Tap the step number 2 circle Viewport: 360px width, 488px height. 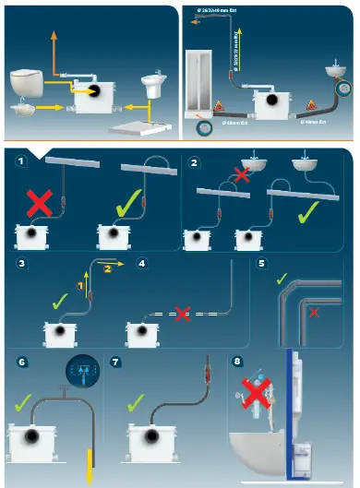(193, 163)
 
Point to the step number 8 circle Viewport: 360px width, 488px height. (238, 363)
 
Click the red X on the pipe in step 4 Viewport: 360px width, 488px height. (183, 314)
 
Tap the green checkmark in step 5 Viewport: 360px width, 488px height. (282, 277)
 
